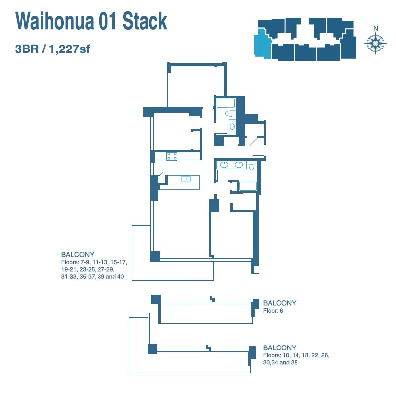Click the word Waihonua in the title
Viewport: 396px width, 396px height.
(54, 21)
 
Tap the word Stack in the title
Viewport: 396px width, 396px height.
(145, 21)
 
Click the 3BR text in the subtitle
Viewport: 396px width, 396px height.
(27, 49)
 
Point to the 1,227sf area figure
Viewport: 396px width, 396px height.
(69, 49)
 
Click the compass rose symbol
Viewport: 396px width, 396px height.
(375, 44)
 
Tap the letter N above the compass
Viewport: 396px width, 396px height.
(376, 29)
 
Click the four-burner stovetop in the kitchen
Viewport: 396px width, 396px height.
(172, 156)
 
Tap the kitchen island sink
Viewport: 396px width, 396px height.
(186, 179)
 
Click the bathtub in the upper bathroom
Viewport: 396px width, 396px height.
(226, 103)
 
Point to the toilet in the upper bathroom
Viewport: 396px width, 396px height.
(230, 114)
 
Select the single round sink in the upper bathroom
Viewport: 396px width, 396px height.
(232, 127)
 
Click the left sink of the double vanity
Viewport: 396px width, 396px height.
(224, 165)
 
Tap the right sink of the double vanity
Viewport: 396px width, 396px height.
(239, 165)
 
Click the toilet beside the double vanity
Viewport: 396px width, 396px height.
(251, 166)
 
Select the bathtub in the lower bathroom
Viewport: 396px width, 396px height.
(248, 186)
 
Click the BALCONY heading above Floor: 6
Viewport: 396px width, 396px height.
(280, 303)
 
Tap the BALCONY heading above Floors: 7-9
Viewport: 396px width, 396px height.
(78, 254)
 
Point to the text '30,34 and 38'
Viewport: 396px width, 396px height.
(280, 362)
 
